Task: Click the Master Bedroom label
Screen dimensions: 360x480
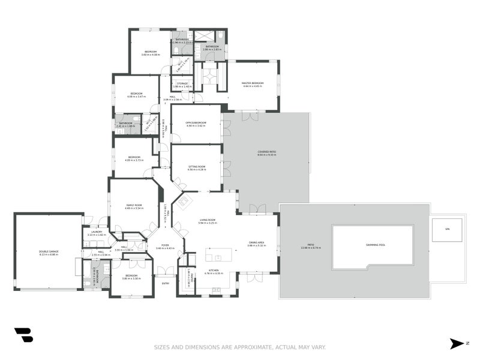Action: click(x=253, y=84)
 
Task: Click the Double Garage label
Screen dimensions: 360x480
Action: click(x=49, y=253)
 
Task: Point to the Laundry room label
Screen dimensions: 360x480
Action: click(x=97, y=233)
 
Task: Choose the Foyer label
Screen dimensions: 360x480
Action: click(x=164, y=246)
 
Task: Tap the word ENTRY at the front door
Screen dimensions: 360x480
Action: click(x=165, y=283)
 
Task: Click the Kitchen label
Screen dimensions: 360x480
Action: click(x=215, y=271)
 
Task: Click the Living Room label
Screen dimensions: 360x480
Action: click(x=208, y=220)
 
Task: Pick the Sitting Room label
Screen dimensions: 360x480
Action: click(x=197, y=167)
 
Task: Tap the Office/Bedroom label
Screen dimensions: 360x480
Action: click(x=196, y=124)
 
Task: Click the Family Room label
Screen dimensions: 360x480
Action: click(x=134, y=206)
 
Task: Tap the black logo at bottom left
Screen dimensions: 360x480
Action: click(x=23, y=335)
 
